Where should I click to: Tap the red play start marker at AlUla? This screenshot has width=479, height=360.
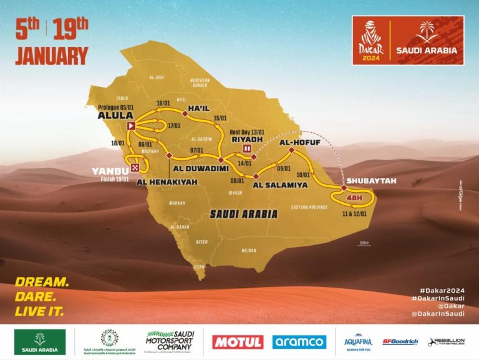(x=132, y=126)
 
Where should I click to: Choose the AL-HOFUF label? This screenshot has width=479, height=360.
(x=296, y=142)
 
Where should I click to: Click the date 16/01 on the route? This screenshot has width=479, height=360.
(x=164, y=103)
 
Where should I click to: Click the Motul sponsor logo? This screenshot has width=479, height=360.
(x=238, y=342)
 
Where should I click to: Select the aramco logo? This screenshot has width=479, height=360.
(x=299, y=342)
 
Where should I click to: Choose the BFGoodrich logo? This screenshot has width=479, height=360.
(x=399, y=342)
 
